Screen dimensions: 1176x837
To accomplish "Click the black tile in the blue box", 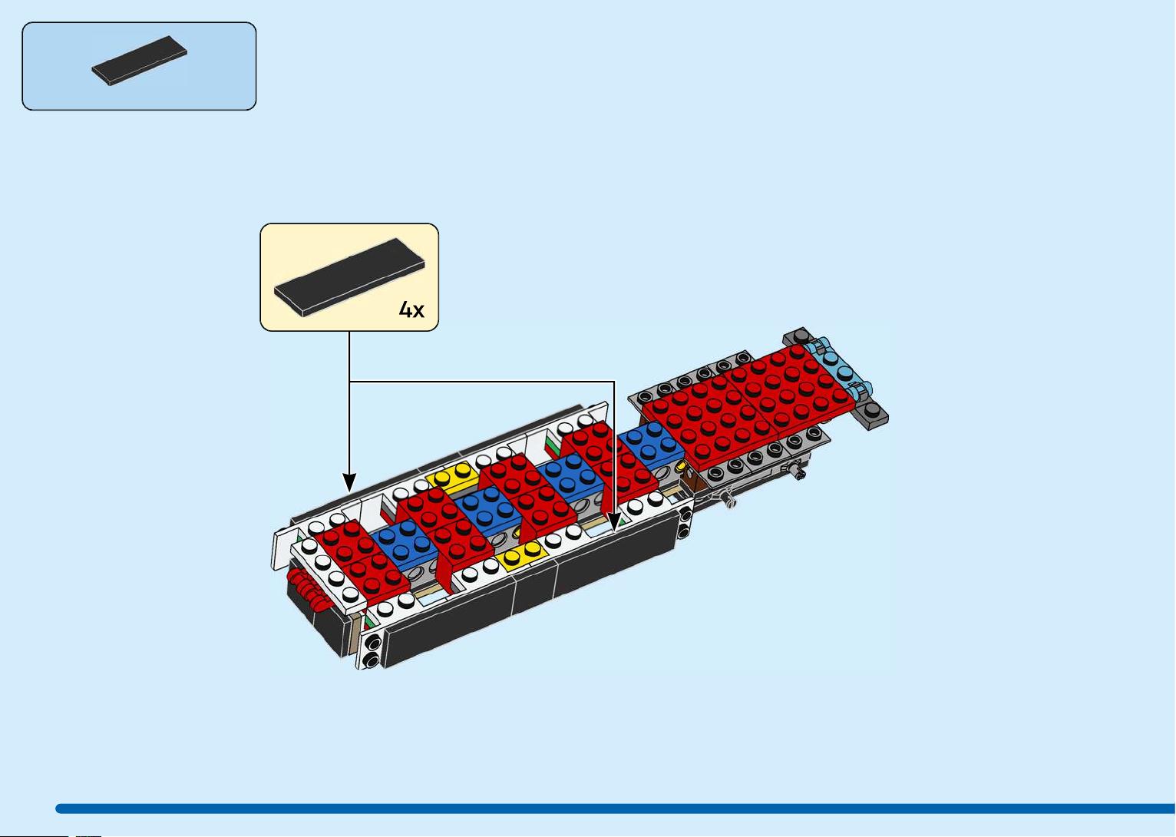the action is click(x=139, y=61).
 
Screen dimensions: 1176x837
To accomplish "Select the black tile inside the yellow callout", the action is click(x=349, y=276).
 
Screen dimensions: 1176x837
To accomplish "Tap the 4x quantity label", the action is click(x=411, y=309).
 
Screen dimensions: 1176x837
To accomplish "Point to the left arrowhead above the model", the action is click(x=349, y=482).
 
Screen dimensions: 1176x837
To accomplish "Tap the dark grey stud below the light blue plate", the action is click(x=871, y=409).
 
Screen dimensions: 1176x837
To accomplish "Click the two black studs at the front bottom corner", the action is click(x=373, y=650).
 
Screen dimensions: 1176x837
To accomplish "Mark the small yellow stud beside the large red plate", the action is click(x=682, y=466).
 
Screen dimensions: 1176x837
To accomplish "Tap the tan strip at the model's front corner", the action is click(x=357, y=635).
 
